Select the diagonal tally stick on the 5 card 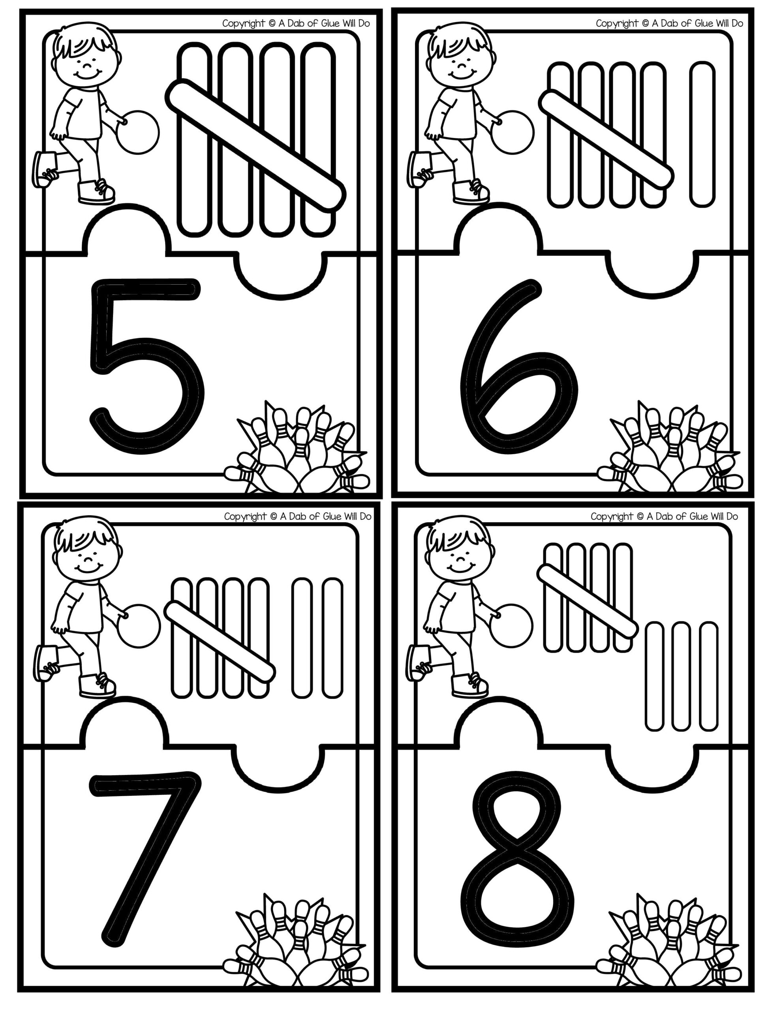(x=255, y=145)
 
